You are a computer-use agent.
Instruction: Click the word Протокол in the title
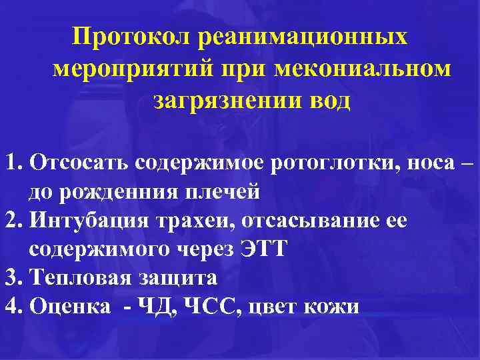click(x=131, y=37)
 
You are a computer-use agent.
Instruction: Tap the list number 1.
click(x=13, y=163)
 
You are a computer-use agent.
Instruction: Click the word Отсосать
click(x=79, y=163)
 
